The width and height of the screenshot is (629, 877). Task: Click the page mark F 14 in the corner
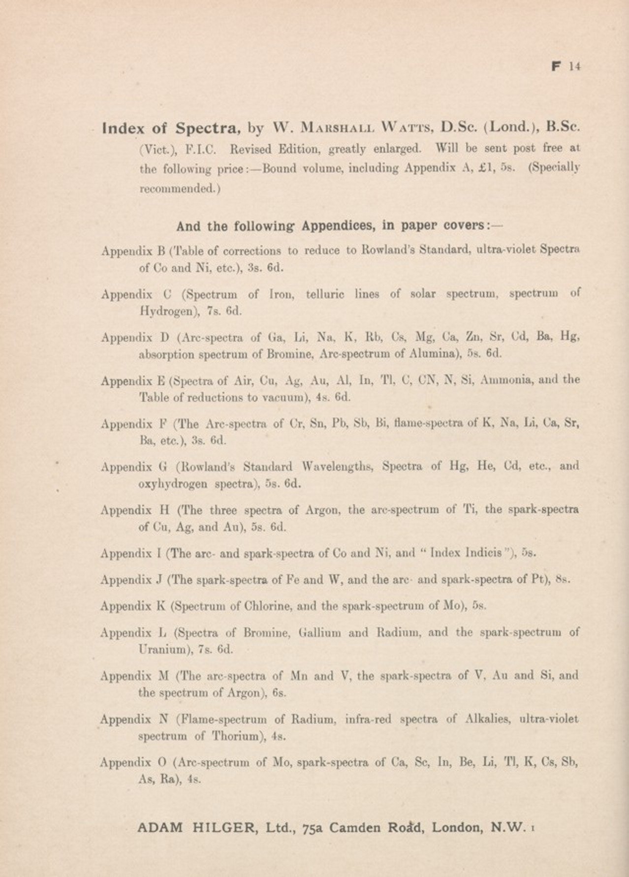click(566, 66)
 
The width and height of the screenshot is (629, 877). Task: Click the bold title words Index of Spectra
click(171, 128)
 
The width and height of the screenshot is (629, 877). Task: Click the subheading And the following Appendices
click(339, 226)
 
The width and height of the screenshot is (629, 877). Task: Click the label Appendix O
click(133, 763)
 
